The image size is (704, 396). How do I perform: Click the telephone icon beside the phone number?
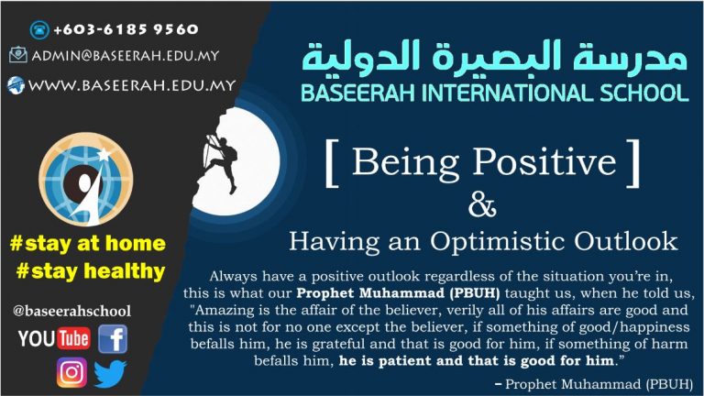39,29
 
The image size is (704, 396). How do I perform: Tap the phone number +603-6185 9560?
126,29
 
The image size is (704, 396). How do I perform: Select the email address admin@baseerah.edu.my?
126,56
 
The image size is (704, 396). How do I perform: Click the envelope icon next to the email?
18,55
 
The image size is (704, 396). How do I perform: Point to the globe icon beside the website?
16,85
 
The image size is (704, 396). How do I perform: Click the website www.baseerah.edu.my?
132,85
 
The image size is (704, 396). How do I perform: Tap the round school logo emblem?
86,179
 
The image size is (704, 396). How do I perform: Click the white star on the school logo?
104,155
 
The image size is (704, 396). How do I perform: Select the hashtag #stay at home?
88,243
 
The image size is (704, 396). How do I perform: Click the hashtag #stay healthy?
91,271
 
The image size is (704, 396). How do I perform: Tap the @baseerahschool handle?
71,311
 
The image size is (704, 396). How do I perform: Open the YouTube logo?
54,338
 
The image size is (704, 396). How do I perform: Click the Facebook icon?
113,339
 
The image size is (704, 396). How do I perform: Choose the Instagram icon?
71,372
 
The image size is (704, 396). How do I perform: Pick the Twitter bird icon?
110,374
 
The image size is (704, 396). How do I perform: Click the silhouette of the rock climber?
220,159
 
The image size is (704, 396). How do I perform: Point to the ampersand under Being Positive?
482,205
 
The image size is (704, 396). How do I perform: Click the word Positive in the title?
544,161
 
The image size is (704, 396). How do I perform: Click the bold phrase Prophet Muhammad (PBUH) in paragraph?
398,293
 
